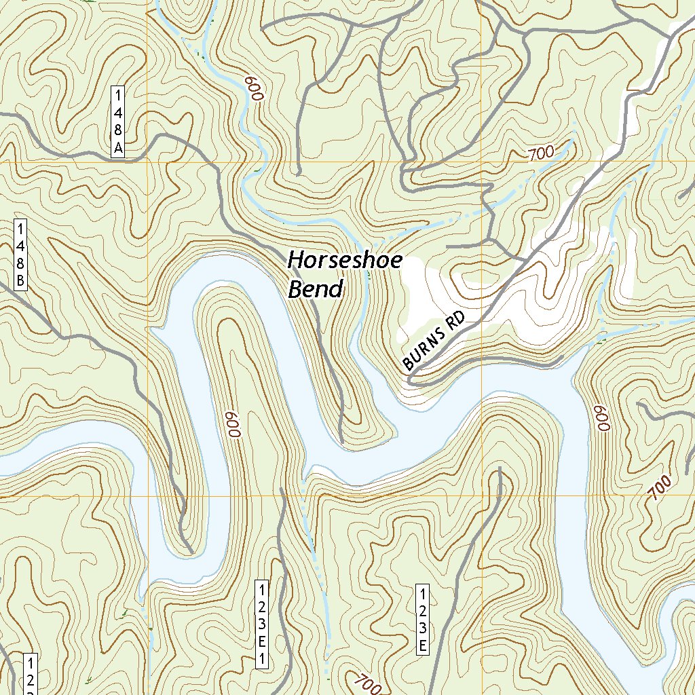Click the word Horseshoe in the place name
click(x=345, y=260)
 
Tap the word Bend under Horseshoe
click(x=316, y=289)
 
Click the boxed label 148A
click(x=118, y=121)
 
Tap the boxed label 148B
click(x=21, y=255)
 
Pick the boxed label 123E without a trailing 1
click(x=422, y=619)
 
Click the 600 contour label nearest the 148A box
click(x=254, y=89)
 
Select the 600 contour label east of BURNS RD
click(x=603, y=419)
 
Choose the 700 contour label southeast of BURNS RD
click(x=659, y=488)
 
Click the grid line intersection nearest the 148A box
click(x=147, y=162)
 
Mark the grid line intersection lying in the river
click(x=147, y=496)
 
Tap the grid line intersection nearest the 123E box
click(x=482, y=496)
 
